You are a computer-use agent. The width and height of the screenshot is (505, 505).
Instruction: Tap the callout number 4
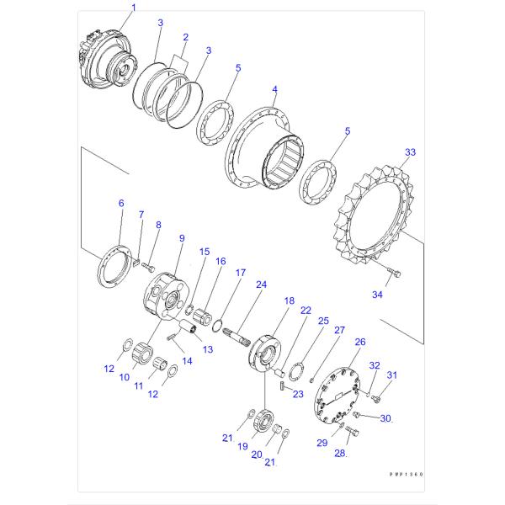[274, 89]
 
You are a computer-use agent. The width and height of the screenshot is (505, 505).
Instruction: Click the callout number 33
[410, 152]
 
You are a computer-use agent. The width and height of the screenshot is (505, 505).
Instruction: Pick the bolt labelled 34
[396, 272]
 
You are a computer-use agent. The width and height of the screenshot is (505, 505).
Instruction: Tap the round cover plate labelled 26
[343, 395]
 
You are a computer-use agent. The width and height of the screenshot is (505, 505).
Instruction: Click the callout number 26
[360, 342]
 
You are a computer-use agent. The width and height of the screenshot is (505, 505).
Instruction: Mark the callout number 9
[181, 239]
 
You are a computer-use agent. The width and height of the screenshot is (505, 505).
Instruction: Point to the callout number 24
[261, 284]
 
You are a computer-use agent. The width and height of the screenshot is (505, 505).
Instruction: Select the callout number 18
[289, 300]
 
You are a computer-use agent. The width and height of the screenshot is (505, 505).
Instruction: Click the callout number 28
[340, 454]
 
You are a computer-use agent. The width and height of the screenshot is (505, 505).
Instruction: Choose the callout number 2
[185, 38]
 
